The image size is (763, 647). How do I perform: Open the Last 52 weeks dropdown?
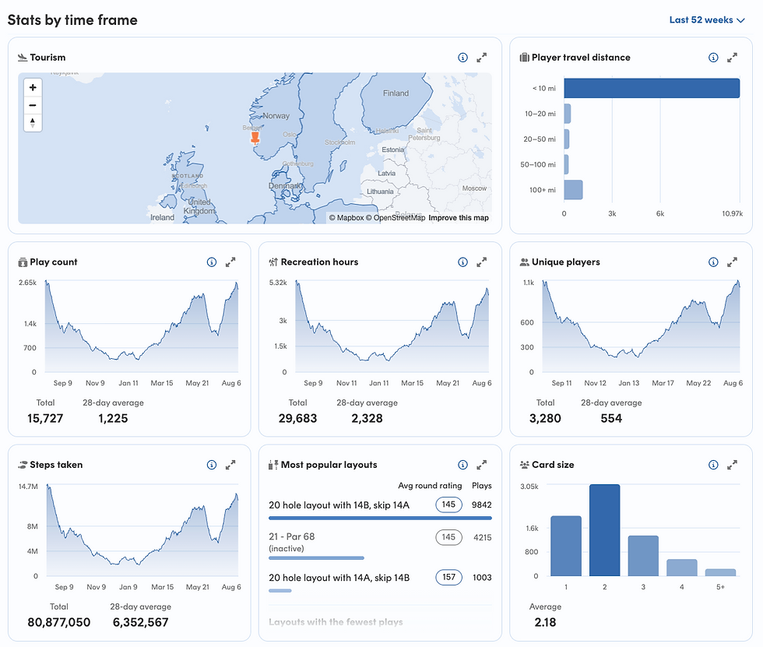(706, 20)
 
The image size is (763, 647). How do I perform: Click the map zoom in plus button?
(33, 88)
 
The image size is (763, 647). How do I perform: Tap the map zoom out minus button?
(33, 105)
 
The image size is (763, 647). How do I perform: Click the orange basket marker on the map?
(255, 139)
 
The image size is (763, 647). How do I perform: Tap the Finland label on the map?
(396, 93)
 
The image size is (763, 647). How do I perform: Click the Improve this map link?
(459, 218)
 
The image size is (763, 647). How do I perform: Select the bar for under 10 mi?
(651, 88)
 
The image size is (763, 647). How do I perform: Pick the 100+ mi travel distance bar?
(573, 190)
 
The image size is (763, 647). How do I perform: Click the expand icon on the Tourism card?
(482, 58)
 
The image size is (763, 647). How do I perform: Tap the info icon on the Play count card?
(211, 262)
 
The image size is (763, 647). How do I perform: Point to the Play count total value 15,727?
(45, 418)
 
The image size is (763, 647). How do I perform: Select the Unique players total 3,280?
(545, 418)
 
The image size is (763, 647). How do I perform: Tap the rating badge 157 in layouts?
(448, 578)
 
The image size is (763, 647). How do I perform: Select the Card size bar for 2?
(604, 530)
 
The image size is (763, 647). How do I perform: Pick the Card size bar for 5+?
(720, 572)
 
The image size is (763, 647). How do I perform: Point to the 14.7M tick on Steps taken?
(27, 486)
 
